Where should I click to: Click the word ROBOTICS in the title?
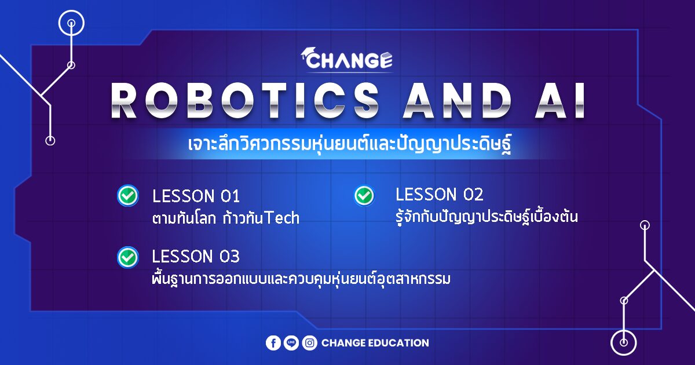coord(245,100)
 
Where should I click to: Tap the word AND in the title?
coord(457,100)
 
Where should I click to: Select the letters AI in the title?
coord(559,100)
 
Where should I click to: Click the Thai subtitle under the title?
coord(349,144)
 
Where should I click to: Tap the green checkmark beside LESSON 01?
coord(128,196)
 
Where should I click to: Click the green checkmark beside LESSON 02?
coord(364,196)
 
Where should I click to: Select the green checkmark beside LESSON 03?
coord(128,257)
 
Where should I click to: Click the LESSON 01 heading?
coord(196,196)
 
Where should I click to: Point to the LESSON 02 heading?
coord(440,195)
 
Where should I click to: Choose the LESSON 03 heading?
coord(196,256)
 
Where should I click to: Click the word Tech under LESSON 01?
coord(283,218)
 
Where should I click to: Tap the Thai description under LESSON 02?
coord(487,217)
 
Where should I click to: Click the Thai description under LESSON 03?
coord(301,279)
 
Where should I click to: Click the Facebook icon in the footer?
coord(273,343)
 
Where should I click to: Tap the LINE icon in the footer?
coord(291,343)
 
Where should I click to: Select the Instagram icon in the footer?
coord(310,343)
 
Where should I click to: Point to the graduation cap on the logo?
coord(308,52)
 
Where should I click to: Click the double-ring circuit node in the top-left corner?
coord(71,23)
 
